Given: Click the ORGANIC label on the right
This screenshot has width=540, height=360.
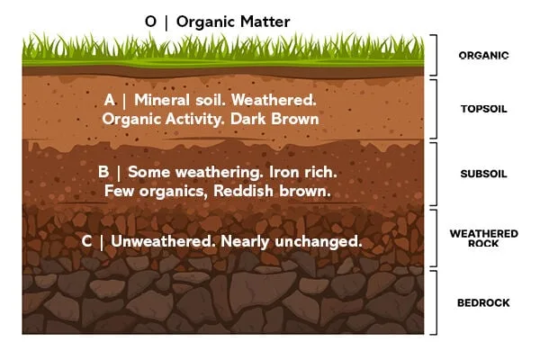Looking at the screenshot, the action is click(x=483, y=56).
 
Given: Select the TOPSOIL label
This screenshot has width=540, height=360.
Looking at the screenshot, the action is click(x=483, y=109).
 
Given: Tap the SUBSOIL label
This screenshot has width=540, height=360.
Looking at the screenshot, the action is click(x=483, y=174).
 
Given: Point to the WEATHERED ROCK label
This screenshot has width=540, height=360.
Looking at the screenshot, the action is click(x=483, y=238).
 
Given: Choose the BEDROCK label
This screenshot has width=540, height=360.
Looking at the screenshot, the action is click(x=483, y=302).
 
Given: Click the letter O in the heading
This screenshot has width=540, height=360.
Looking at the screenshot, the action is click(x=150, y=22).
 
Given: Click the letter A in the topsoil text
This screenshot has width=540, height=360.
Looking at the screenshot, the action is click(x=109, y=100).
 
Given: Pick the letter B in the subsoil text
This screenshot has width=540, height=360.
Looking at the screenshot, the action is click(x=103, y=172).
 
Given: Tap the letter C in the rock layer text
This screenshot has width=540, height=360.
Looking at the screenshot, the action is click(x=86, y=241).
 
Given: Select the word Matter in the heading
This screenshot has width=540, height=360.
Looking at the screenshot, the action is click(x=265, y=22).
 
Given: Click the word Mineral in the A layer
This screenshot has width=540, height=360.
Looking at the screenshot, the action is click(x=162, y=100).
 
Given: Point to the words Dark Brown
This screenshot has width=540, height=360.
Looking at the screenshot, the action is click(x=274, y=119).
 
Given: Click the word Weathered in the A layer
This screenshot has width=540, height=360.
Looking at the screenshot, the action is click(x=274, y=100).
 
